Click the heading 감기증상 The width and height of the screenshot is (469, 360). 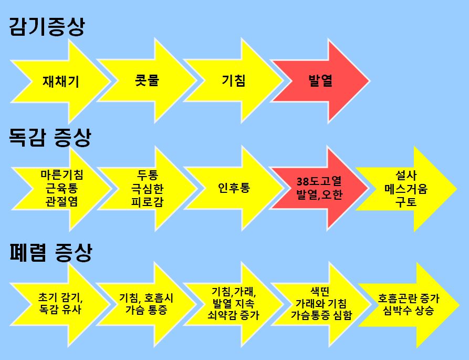(47, 26)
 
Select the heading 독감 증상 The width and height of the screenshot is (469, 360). (50, 138)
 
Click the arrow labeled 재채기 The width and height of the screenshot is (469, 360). (60, 81)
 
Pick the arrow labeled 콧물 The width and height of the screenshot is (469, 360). (144, 81)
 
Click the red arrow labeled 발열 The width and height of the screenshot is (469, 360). (320, 81)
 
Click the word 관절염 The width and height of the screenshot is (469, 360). (61, 201)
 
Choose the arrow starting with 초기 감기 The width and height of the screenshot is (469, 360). (60, 304)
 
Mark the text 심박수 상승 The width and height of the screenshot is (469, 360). (409, 311)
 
